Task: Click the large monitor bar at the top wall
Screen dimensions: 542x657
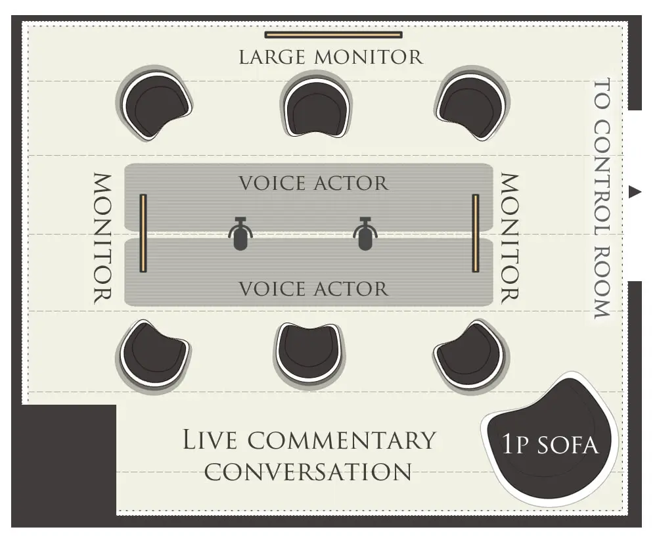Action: tap(333, 34)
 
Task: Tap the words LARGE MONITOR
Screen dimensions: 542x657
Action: tap(330, 57)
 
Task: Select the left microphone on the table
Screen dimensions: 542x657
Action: tap(240, 234)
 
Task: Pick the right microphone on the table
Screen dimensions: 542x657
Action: tap(365, 234)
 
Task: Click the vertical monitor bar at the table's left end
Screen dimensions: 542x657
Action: tap(143, 233)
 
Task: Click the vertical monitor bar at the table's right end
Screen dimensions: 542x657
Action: tap(476, 233)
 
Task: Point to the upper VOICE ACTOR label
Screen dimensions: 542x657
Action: tap(313, 183)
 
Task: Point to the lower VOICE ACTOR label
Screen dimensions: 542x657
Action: tap(313, 288)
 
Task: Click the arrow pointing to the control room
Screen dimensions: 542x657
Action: tap(634, 192)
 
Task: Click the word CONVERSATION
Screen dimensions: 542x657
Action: tap(309, 471)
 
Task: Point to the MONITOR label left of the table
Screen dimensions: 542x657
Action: tap(102, 238)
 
